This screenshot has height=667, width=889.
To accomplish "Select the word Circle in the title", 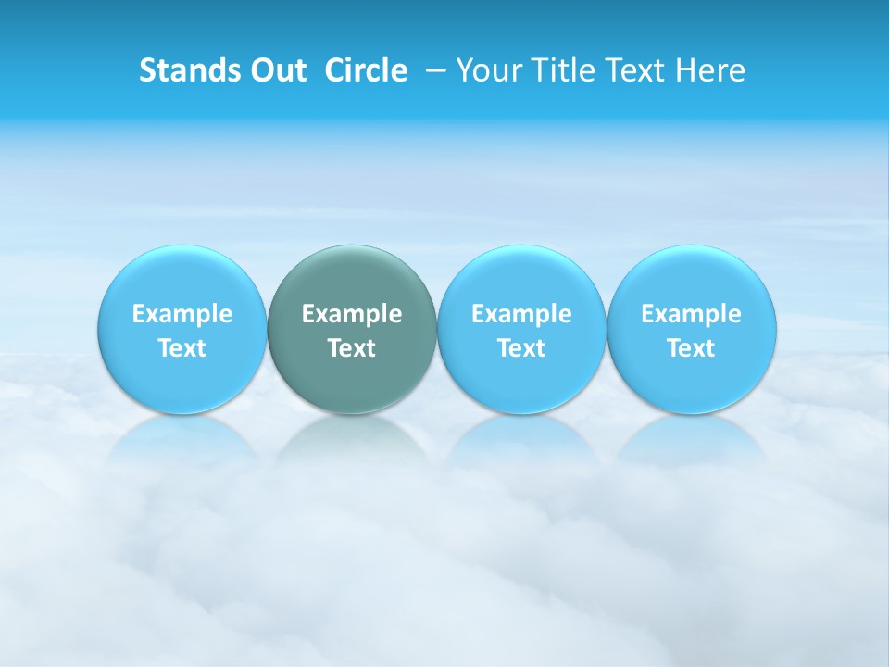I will (x=366, y=70).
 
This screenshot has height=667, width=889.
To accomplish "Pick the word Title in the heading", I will (x=562, y=70).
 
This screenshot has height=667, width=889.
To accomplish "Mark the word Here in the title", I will (x=709, y=70).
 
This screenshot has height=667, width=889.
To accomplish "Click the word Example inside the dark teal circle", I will (x=352, y=314).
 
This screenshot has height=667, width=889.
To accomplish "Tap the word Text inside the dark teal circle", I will (x=352, y=348).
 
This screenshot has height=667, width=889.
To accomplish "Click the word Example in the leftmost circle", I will (x=182, y=314).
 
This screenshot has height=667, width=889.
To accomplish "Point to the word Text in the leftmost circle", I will (x=182, y=348).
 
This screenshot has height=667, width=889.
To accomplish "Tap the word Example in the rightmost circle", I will (x=692, y=314).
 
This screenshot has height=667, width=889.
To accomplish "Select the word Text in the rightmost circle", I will (x=692, y=348).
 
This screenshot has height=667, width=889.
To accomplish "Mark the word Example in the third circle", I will (x=521, y=314).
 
